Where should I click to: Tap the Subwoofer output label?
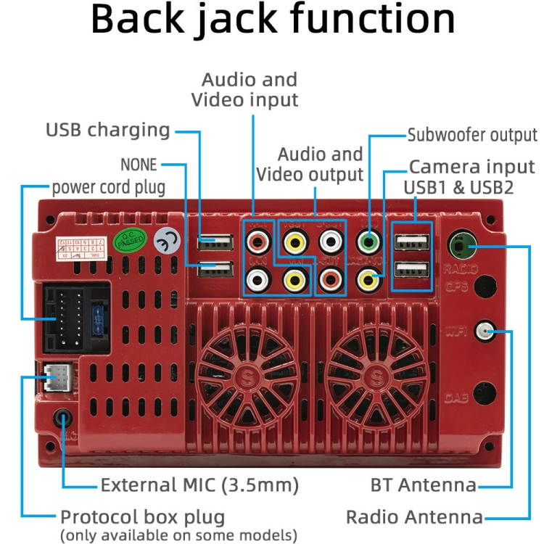pyautogui.click(x=472, y=136)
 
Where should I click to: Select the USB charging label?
pyautogui.click(x=107, y=131)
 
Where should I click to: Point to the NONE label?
pyautogui.click(x=139, y=164)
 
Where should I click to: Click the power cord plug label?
pyautogui.click(x=109, y=188)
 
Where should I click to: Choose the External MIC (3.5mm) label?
pyautogui.click(x=199, y=485)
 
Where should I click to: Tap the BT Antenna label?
pyautogui.click(x=424, y=485)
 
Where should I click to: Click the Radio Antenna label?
pyautogui.click(x=414, y=517)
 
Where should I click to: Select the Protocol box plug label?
pyautogui.click(x=142, y=518)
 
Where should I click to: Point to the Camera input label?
pyautogui.click(x=473, y=168)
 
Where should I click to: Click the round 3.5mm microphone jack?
pyautogui.click(x=63, y=419)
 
